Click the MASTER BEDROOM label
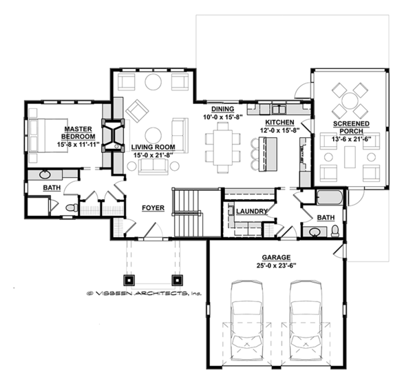(x=78, y=133)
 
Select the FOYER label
(x=152, y=207)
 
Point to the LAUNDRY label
(x=251, y=212)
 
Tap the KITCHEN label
(x=277, y=123)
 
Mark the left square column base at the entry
(x=129, y=281)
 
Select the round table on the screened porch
(x=350, y=100)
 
